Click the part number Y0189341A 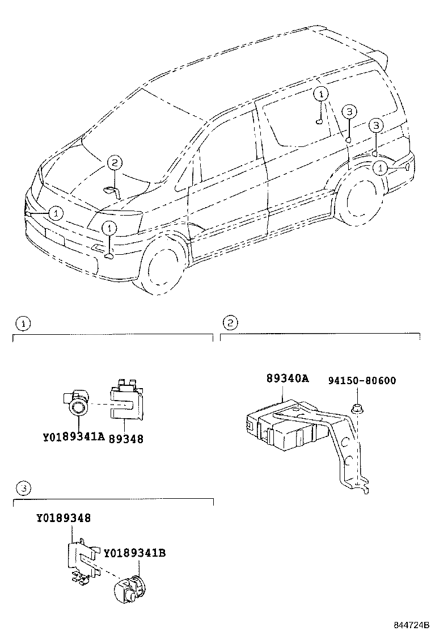click(74, 438)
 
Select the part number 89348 click(125, 438)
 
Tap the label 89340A click(287, 379)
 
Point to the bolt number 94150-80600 click(362, 380)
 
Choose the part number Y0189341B click(134, 552)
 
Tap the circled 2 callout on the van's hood click(114, 163)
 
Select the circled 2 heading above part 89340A click(230, 323)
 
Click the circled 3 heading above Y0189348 click(23, 487)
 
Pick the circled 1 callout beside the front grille click(55, 213)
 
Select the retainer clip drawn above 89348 click(125, 403)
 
